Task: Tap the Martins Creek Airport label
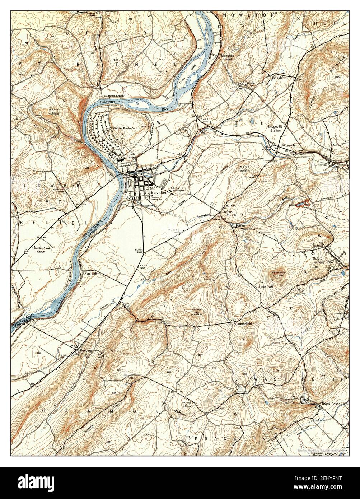click(x=35, y=249)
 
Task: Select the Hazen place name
click(x=240, y=225)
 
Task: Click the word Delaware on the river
click(x=109, y=102)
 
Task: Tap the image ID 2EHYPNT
click(x=325, y=479)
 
